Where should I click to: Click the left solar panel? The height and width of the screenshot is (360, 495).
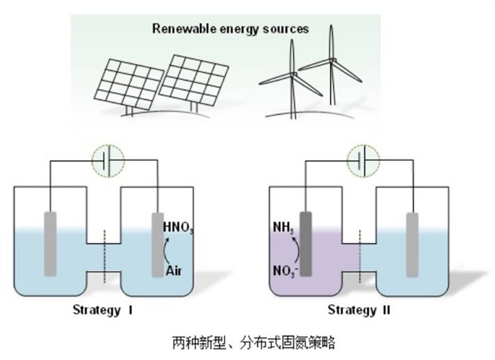point(130,84)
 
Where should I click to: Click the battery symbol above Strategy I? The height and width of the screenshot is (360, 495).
point(107,162)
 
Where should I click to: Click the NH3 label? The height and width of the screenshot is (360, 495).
point(283,228)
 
